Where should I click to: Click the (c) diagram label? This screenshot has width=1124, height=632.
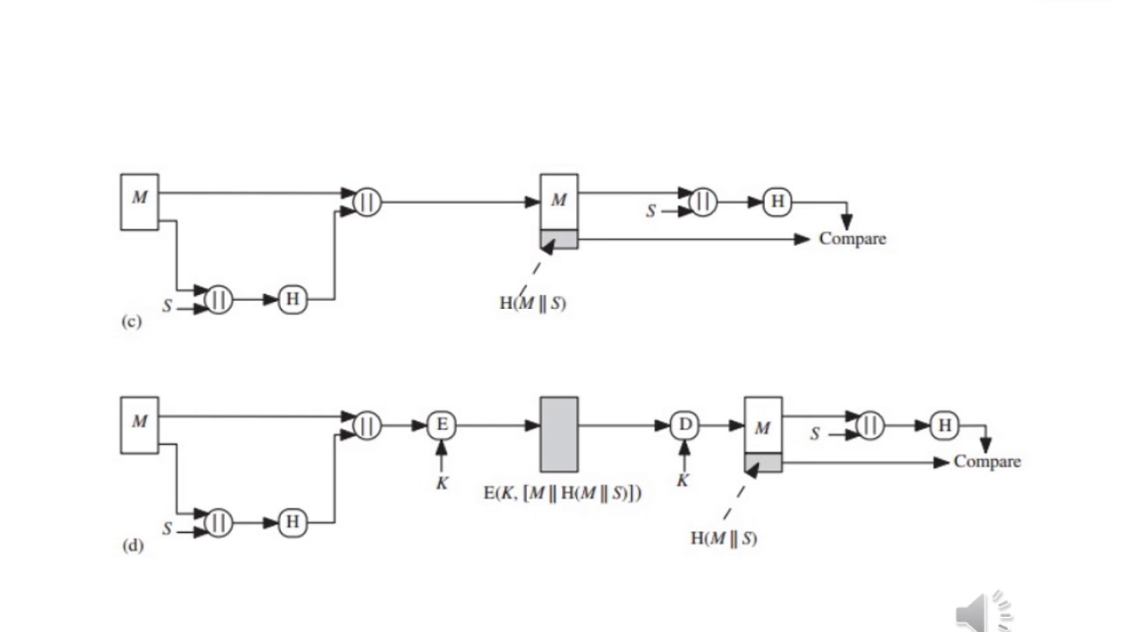click(131, 321)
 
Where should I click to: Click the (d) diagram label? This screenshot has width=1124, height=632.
click(132, 545)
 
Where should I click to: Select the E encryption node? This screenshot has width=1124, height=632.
click(442, 426)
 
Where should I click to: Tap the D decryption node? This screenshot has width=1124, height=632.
click(684, 426)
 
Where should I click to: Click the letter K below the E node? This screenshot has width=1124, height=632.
click(442, 483)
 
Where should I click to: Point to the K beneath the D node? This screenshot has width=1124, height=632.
click(682, 480)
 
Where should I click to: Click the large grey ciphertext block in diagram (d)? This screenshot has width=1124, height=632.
click(558, 434)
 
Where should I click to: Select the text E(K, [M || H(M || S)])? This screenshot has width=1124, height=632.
click(562, 493)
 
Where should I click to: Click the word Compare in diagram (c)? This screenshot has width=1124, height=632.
click(852, 238)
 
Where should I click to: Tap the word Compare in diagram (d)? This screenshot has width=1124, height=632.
click(987, 462)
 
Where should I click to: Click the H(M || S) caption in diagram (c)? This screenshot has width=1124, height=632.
click(532, 304)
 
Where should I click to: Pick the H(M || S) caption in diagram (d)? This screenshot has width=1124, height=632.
click(724, 539)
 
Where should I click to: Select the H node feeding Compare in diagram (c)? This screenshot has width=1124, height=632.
click(777, 202)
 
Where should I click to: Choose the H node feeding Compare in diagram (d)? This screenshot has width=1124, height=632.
click(945, 426)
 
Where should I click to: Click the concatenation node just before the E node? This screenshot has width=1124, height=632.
click(367, 426)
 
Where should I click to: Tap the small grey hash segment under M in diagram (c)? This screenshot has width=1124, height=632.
click(558, 239)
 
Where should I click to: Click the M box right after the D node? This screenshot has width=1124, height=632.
click(762, 427)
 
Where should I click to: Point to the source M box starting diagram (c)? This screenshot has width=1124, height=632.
click(140, 202)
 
